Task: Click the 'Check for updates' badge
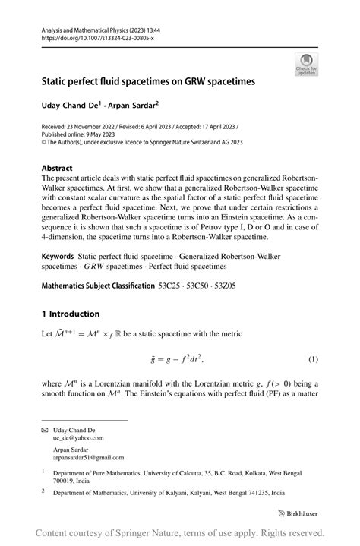point(307,64)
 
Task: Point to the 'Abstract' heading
point(58,168)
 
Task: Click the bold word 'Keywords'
point(58,258)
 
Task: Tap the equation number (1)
point(312,358)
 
